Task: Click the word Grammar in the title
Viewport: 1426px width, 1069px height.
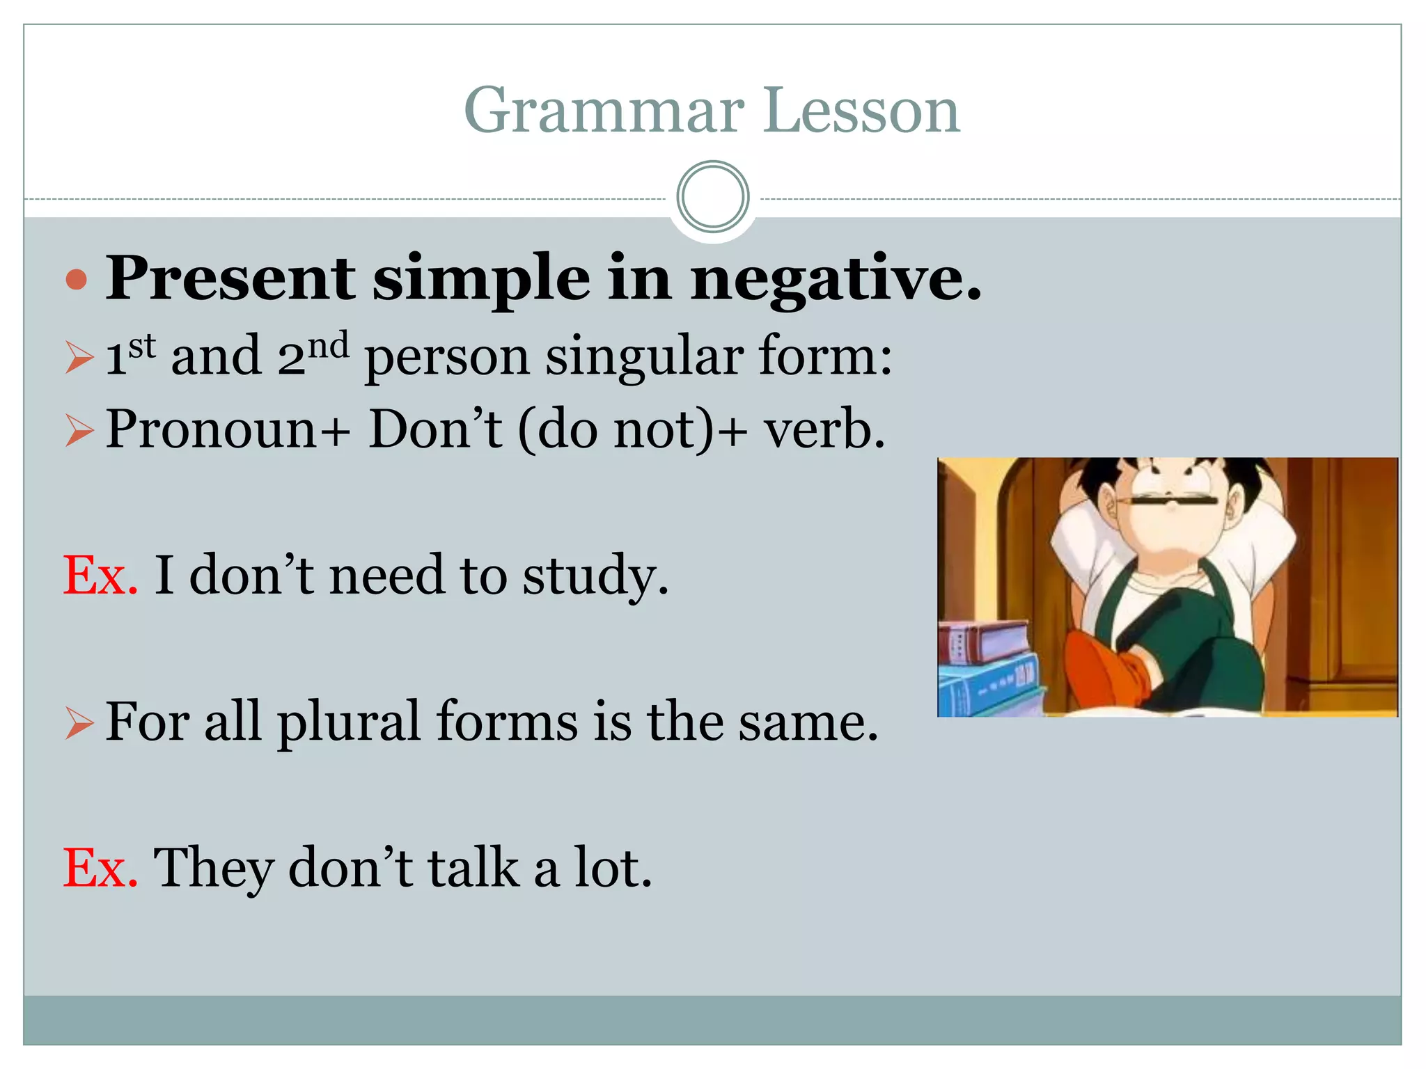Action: [x=604, y=111]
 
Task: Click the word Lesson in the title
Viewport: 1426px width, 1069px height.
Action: [x=861, y=111]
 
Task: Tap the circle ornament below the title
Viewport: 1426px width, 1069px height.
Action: [x=712, y=197]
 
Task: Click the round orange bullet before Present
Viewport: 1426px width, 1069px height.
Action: [x=76, y=280]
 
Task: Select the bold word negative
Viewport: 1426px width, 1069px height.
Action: [x=836, y=278]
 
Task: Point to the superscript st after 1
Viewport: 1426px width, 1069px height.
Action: [x=143, y=346]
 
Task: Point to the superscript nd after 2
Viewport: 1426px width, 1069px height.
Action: [x=328, y=346]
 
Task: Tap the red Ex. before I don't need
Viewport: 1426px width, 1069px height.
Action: [x=100, y=576]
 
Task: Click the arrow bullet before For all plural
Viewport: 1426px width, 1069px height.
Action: [x=79, y=723]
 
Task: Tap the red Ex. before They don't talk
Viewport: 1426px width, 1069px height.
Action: [x=100, y=869]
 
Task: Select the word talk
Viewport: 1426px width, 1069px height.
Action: [x=473, y=869]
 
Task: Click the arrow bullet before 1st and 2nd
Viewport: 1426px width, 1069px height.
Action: [x=79, y=358]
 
